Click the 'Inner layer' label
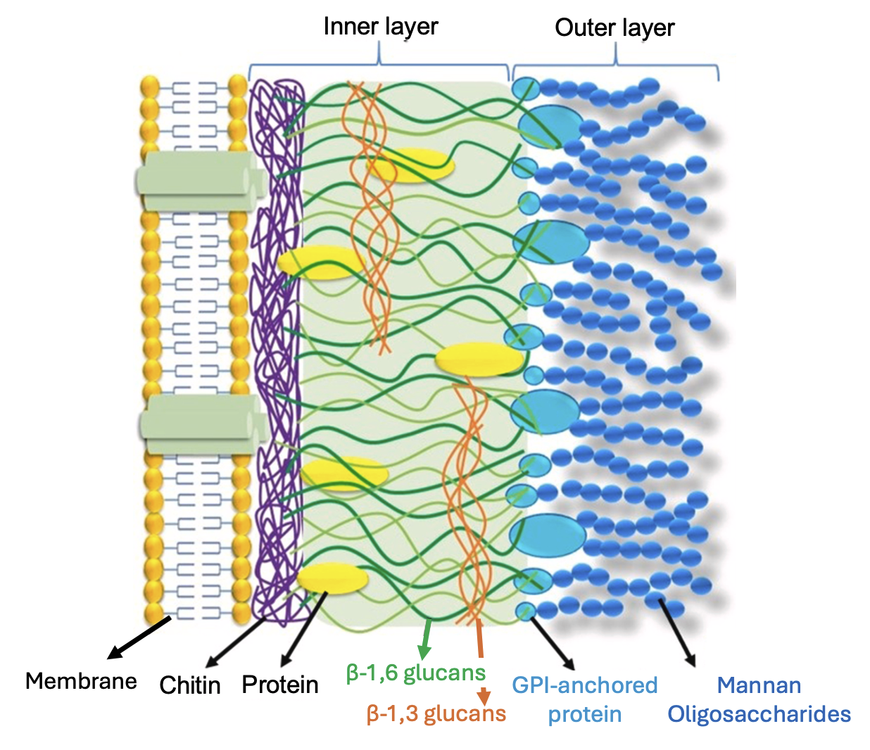pos(381,27)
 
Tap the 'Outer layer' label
pos(614,28)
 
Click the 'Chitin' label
pos(190,685)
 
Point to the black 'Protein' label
pos(280,685)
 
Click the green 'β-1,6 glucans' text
pos(416,673)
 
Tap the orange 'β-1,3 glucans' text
pos(436,714)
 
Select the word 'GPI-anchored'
pos(585,685)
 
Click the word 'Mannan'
pos(759,685)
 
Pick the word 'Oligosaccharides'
pos(759,714)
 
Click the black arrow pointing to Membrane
pos(139,637)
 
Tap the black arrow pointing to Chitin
pos(234,643)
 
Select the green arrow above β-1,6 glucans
pos(426,638)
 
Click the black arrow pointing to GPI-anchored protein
pos(553,643)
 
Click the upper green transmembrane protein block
pos(201,181)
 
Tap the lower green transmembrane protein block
pos(203,424)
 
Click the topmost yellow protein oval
pos(410,165)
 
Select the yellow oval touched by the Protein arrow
pos(332,578)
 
